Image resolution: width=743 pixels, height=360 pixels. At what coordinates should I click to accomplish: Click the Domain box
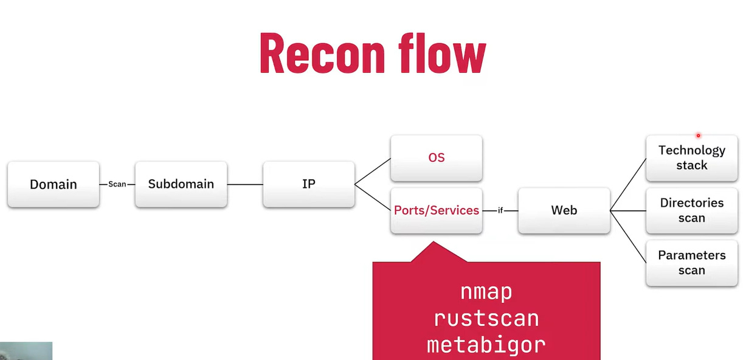pyautogui.click(x=54, y=184)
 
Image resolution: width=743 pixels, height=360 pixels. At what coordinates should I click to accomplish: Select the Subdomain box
pyautogui.click(x=181, y=184)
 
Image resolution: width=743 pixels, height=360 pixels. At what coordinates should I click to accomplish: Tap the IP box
pyautogui.click(x=309, y=184)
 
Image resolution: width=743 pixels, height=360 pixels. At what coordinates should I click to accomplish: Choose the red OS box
pyautogui.click(x=437, y=157)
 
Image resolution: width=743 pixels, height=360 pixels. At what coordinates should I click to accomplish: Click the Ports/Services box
pyautogui.click(x=437, y=210)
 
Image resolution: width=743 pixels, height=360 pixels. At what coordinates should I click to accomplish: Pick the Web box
pyautogui.click(x=564, y=210)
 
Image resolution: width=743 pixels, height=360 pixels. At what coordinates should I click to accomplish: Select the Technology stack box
pyautogui.click(x=692, y=157)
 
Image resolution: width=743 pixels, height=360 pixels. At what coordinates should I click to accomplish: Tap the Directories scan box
pyautogui.click(x=692, y=210)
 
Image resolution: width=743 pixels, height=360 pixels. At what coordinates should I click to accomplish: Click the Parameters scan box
pyautogui.click(x=692, y=263)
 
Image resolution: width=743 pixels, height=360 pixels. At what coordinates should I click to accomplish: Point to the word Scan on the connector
pyautogui.click(x=117, y=184)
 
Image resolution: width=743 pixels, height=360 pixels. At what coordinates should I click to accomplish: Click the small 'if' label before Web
pyautogui.click(x=500, y=210)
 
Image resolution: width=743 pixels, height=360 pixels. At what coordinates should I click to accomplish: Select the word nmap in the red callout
pyautogui.click(x=486, y=292)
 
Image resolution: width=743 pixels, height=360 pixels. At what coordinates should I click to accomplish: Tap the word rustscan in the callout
pyautogui.click(x=486, y=319)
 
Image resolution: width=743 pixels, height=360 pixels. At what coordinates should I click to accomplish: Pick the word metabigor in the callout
pyautogui.click(x=486, y=345)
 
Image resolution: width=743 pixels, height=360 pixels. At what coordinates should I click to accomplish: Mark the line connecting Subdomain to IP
pyautogui.click(x=245, y=184)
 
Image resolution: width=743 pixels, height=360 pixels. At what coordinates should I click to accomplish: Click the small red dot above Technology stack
pyautogui.click(x=698, y=136)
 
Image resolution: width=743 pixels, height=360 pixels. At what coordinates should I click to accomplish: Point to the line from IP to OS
pyautogui.click(x=372, y=171)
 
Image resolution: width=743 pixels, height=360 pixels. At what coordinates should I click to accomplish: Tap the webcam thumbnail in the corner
pyautogui.click(x=26, y=351)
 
